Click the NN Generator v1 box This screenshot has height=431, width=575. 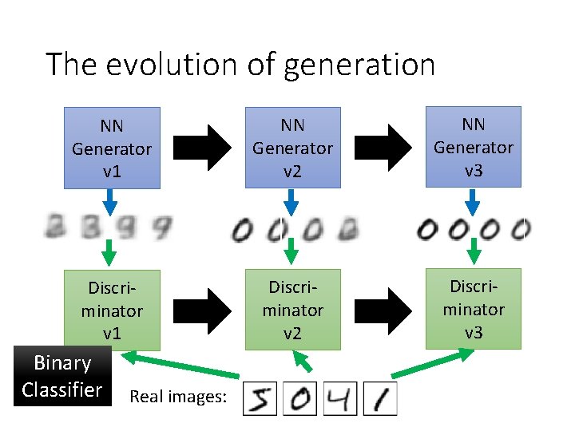click(x=112, y=148)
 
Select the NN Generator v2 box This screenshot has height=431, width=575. click(x=292, y=148)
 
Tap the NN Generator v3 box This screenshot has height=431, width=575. click(x=473, y=148)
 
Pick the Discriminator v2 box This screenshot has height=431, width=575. click(x=292, y=309)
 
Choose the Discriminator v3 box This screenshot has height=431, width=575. click(x=473, y=308)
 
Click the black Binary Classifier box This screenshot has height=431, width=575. click(x=62, y=376)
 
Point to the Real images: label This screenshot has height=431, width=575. click(x=177, y=396)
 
